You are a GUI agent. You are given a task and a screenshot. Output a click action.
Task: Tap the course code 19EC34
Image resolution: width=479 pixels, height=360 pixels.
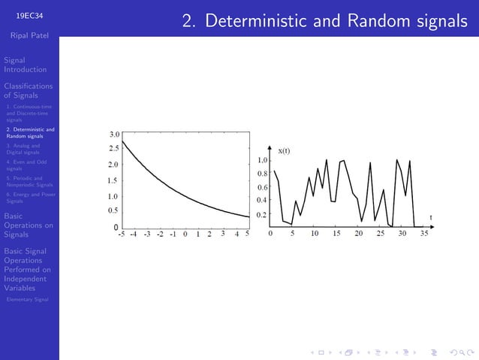[29, 14]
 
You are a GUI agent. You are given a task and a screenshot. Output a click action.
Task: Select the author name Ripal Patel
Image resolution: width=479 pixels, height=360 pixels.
[29, 35]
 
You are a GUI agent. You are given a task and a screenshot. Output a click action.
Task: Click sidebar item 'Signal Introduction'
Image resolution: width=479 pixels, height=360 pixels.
[25, 65]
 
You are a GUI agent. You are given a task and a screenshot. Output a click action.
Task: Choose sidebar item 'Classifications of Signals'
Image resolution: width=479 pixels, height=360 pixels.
[28, 91]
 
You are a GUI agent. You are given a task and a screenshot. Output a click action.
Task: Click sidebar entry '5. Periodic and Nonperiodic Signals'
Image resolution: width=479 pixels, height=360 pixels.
[29, 181]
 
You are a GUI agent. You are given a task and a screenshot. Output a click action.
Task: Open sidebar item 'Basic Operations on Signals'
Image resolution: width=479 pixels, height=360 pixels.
[28, 225]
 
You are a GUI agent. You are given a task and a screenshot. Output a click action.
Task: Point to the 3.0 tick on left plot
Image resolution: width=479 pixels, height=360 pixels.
[114, 135]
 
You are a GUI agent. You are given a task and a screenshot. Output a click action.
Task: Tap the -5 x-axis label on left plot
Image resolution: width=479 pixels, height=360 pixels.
[121, 234]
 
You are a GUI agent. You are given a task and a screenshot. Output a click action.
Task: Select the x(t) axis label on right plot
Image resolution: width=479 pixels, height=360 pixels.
[285, 151]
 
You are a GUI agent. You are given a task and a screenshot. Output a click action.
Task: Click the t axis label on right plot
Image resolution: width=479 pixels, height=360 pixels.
[431, 217]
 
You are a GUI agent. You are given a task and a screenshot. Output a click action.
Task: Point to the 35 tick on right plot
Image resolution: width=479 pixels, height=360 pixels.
[424, 234]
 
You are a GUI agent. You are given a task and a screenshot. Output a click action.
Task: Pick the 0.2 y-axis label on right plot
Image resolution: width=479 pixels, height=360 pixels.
[262, 215]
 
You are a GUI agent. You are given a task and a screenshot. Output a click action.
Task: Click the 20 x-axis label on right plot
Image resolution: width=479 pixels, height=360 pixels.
[358, 234]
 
